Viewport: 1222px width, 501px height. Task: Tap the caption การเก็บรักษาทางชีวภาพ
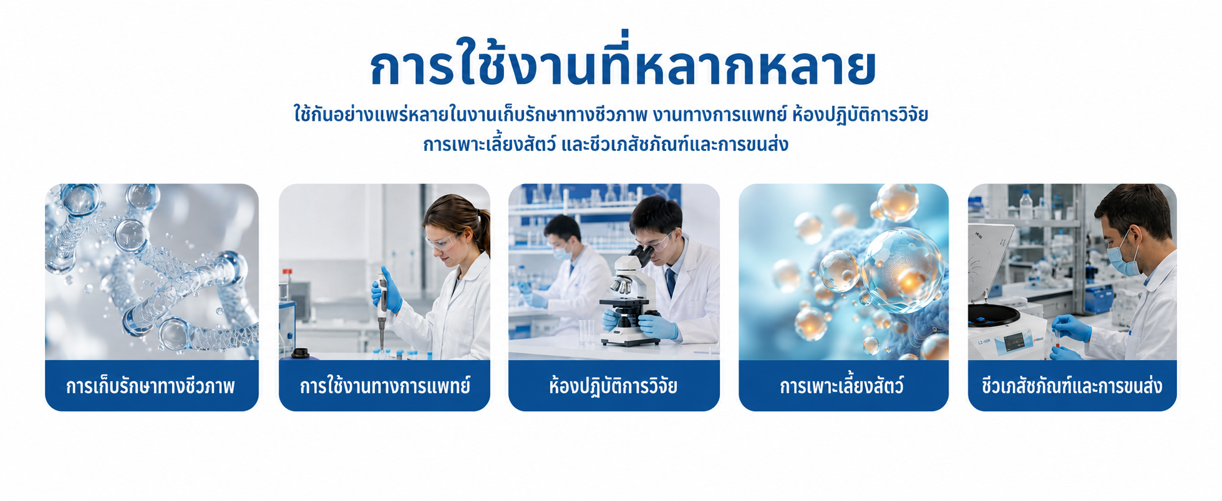click(150, 386)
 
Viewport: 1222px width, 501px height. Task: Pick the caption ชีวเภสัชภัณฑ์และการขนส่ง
click(1072, 386)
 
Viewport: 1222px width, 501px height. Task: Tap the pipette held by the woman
click(382, 309)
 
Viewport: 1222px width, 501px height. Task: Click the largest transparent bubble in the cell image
click(902, 270)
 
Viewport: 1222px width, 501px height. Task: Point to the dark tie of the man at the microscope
click(671, 282)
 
